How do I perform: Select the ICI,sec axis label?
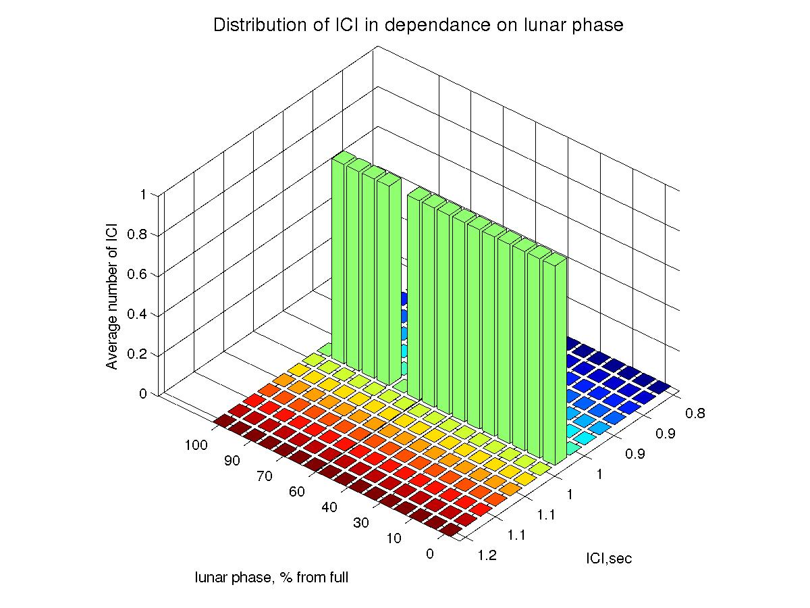pyautogui.click(x=608, y=559)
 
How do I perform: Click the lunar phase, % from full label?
pyautogui.click(x=271, y=578)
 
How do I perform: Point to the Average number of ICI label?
pyautogui.click(x=112, y=295)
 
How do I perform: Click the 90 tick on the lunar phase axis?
pyautogui.click(x=232, y=461)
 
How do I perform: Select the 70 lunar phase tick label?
pyautogui.click(x=265, y=476)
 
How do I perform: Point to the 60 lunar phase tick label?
pyautogui.click(x=297, y=492)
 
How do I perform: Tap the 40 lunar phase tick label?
pyautogui.click(x=329, y=507)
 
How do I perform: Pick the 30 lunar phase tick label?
pyautogui.click(x=362, y=523)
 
